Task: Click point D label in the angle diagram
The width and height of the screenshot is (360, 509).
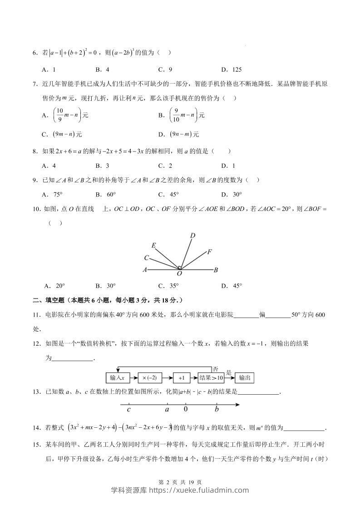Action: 192,235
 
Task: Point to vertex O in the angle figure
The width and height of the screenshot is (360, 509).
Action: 179,274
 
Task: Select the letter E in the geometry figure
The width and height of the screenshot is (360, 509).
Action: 154,246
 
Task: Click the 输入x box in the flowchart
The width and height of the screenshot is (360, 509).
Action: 118,377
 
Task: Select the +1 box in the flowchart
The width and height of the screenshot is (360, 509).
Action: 181,377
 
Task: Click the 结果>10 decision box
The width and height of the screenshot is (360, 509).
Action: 211,377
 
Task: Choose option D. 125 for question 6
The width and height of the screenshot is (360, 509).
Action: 232,70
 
